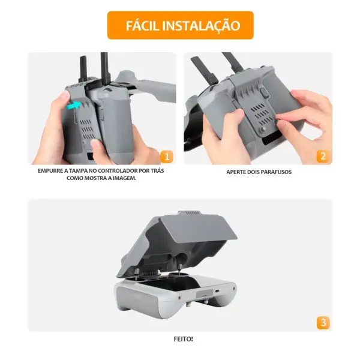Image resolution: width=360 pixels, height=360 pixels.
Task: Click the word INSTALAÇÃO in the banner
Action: [x=201, y=26]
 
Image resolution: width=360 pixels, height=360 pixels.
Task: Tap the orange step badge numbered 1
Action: [x=167, y=157]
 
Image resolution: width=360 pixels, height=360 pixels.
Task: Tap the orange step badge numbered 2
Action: [x=323, y=157]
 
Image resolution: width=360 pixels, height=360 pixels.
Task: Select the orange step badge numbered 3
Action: [x=323, y=323]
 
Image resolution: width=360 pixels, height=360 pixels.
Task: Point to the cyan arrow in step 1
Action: [x=74, y=106]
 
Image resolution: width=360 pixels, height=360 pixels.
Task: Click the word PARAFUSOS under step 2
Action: [x=276, y=172]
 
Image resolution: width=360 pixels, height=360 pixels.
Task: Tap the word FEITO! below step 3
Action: [x=183, y=339]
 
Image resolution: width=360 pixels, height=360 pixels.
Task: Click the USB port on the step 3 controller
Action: [x=217, y=291]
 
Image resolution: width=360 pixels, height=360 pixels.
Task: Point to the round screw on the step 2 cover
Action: [x=263, y=129]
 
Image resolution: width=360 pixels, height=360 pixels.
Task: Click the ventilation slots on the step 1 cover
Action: [x=87, y=129]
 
